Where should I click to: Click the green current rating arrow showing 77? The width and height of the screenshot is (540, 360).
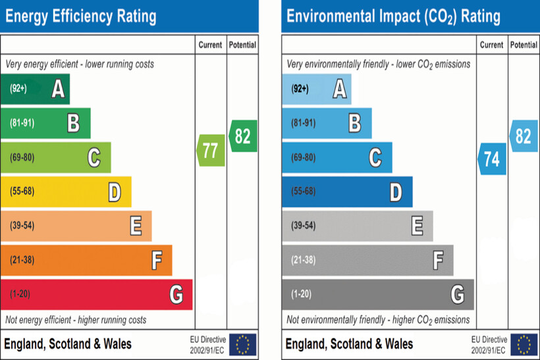tap(211, 150)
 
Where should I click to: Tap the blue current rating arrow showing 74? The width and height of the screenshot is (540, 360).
tap(492, 159)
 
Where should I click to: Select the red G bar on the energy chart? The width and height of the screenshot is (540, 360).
tap(96, 294)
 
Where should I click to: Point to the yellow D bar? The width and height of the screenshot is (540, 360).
tap(66, 192)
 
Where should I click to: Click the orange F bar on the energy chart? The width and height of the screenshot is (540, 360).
tap(86, 260)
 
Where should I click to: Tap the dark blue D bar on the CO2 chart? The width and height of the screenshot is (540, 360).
tap(347, 192)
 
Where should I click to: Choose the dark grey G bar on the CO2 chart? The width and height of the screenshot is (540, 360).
tap(377, 294)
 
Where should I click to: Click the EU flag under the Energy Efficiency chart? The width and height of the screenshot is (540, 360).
tap(243, 344)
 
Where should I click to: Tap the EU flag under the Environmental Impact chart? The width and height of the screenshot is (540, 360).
tap(524, 344)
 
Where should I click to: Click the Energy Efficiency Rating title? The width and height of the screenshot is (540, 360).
tap(81, 16)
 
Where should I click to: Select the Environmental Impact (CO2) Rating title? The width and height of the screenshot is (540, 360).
tap(394, 16)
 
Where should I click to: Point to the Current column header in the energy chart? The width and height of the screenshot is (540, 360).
tap(211, 45)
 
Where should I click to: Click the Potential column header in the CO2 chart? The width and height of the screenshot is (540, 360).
tap(524, 45)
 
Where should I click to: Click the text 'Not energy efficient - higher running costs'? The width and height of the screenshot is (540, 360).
tap(76, 320)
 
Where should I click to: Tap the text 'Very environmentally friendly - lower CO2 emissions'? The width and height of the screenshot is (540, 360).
tap(379, 64)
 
